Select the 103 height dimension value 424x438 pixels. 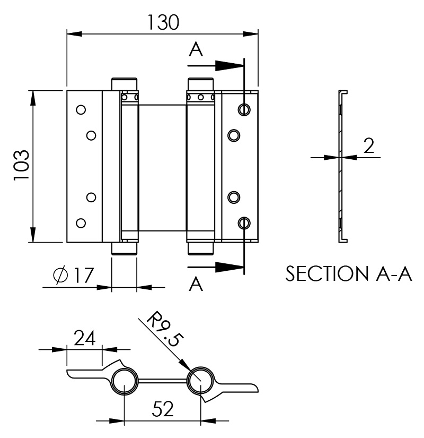tap(21, 166)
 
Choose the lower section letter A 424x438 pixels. tap(196, 285)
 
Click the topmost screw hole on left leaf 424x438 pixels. tap(81, 110)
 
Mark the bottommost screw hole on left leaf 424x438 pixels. tap(81, 222)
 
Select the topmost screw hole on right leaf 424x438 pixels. tap(244, 109)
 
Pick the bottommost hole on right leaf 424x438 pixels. tap(244, 223)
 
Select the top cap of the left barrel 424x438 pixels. tap(125, 84)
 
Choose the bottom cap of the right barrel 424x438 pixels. tap(201, 248)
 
